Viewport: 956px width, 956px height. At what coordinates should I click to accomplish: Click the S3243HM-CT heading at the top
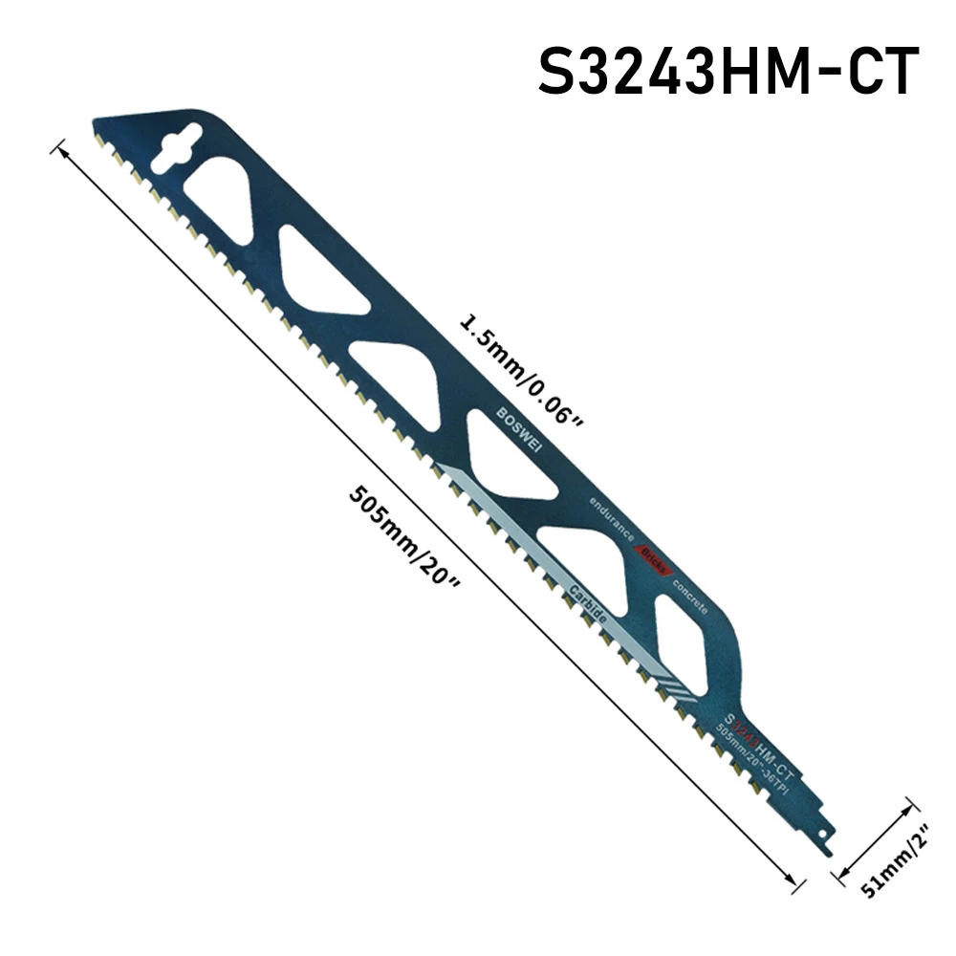click(x=728, y=72)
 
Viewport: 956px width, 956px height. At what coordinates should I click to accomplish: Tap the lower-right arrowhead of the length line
click(x=793, y=882)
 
